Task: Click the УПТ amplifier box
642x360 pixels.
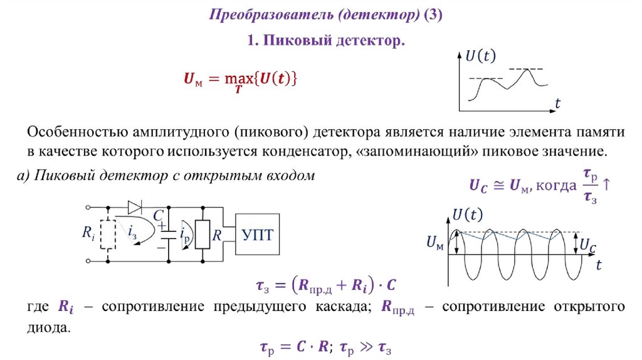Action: [258, 234]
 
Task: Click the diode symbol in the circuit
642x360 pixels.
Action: [135, 206]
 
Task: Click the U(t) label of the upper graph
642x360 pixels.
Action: [480, 56]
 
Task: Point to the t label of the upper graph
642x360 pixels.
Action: [557, 104]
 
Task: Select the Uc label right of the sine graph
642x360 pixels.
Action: [587, 245]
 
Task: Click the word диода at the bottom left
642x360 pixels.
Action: [47, 327]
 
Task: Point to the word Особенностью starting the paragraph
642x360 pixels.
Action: [76, 133]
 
